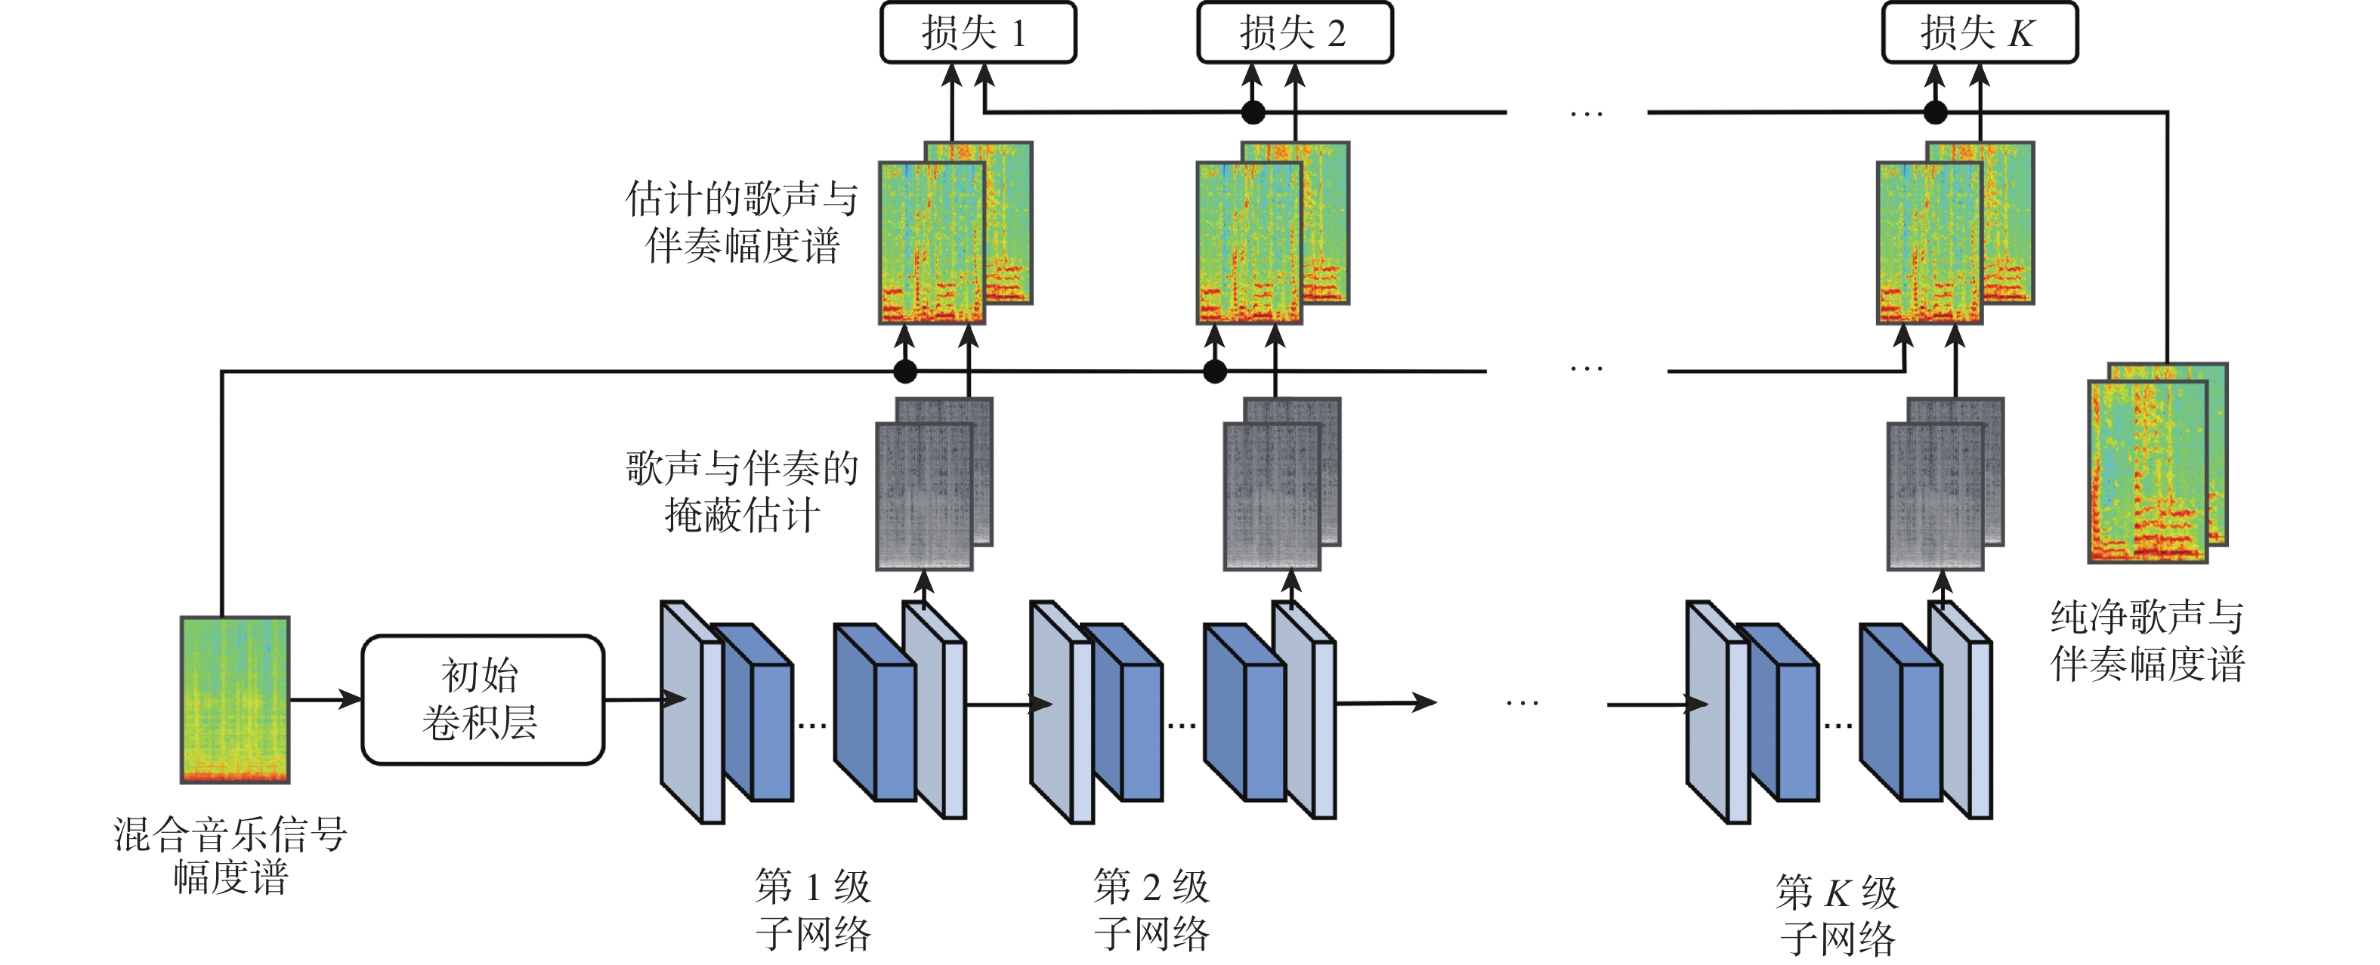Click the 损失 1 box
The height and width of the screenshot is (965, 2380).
point(978,32)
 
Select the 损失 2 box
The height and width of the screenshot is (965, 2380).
point(1294,32)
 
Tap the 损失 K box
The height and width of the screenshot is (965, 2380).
point(1979,32)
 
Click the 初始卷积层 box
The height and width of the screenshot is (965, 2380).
point(482,699)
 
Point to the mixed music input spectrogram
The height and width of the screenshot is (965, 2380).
point(235,699)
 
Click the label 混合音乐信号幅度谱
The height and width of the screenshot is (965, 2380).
point(230,855)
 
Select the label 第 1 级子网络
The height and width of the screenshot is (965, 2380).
point(813,910)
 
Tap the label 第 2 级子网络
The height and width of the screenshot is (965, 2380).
point(1151,910)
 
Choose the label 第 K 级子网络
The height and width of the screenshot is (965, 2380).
point(1837,915)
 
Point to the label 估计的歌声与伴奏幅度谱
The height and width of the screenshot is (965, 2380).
point(742,223)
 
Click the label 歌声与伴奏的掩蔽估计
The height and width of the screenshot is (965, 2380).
point(742,492)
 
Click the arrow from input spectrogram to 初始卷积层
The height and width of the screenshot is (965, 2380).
point(325,699)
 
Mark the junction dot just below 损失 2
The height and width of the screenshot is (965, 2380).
point(1253,113)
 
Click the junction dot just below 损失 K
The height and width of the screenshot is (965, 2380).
point(1935,113)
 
